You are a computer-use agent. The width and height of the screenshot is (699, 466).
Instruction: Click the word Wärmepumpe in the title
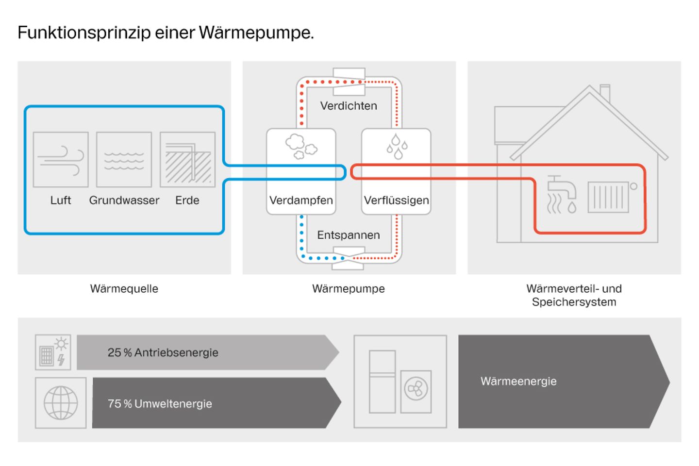coord(256,33)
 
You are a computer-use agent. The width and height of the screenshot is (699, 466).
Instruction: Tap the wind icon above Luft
coord(61,160)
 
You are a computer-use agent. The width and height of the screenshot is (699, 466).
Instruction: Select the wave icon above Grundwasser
coord(124,160)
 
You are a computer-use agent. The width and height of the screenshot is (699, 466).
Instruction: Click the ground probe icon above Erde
coord(187,160)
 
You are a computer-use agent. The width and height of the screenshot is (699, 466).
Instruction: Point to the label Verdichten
coord(349,106)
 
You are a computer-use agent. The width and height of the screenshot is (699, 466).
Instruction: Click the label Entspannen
coord(349,235)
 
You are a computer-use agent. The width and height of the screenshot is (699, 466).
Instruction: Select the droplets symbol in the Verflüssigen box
coord(397,146)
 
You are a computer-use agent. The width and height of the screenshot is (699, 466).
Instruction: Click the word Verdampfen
coord(301,200)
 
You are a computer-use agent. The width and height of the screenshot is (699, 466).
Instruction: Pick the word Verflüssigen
coord(396,200)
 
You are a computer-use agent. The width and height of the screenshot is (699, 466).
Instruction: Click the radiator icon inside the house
coord(608,197)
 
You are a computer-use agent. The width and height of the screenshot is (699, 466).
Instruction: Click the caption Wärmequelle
coord(124,289)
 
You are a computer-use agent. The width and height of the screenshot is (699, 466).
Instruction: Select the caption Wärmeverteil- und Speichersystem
coord(574,295)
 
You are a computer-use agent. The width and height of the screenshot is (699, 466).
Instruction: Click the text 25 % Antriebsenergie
coord(163,353)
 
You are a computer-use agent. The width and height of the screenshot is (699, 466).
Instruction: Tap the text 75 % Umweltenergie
coord(160,404)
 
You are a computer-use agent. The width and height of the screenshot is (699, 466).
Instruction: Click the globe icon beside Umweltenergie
coord(61,403)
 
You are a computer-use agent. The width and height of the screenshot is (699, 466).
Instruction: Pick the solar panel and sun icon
coord(53,352)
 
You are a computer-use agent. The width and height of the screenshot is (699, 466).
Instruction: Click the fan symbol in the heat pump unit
coord(416,389)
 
